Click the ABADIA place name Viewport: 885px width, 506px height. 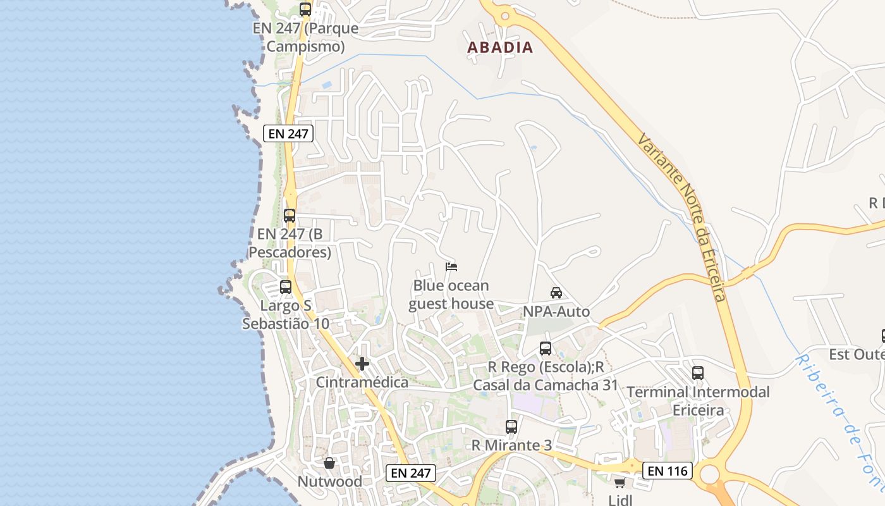(500, 47)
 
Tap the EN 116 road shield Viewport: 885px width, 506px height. (668, 471)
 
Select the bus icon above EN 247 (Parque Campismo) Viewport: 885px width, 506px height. (305, 9)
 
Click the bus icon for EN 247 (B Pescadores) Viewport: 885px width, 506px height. (290, 215)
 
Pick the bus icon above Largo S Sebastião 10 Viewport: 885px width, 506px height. (286, 287)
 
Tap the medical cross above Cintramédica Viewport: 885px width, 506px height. (362, 364)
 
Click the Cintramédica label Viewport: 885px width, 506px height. (362, 383)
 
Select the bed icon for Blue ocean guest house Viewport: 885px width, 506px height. (451, 267)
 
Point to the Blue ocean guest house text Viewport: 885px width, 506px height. (451, 295)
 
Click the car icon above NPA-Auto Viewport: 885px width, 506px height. (556, 293)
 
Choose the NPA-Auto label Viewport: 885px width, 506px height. (556, 312)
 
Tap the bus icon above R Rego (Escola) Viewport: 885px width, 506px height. (546, 348)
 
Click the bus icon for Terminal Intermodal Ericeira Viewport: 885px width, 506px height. (698, 373)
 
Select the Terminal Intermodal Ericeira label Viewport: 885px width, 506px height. (698, 401)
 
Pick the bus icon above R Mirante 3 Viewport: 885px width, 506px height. (511, 427)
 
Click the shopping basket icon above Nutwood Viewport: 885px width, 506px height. (329, 464)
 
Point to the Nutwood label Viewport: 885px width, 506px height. (330, 482)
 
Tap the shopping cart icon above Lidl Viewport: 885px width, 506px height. (619, 483)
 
